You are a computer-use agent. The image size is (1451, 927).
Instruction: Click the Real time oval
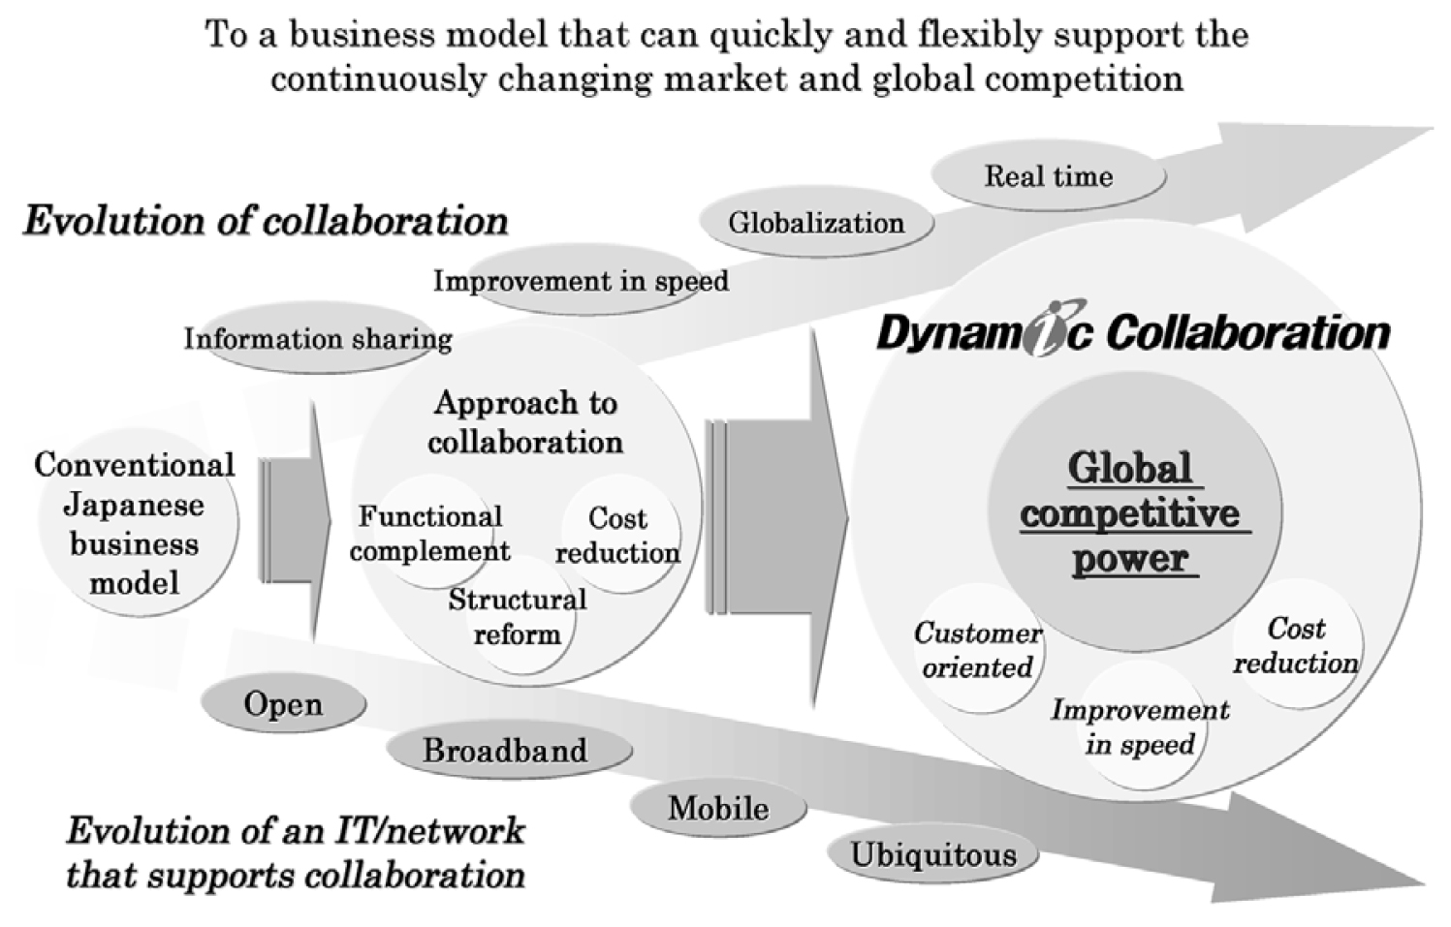coord(1049,176)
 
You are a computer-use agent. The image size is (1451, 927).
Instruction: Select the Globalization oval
coord(817,223)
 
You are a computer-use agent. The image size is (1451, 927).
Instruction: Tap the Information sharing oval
coord(318,339)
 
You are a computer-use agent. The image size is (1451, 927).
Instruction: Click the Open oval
coord(284,703)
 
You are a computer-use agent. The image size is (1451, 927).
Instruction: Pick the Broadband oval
coord(509,751)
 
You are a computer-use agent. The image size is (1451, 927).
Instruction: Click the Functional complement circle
coord(432,532)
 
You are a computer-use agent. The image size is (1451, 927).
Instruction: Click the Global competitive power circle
coord(1134,510)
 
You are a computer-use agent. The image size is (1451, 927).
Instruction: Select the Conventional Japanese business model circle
coord(138,521)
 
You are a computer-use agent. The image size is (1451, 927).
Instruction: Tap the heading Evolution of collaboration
coord(266,222)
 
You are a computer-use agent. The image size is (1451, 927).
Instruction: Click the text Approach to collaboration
coord(525,422)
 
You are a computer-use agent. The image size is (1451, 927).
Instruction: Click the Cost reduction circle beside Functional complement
coord(621,534)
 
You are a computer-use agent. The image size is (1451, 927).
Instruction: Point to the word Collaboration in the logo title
coord(1247,334)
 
